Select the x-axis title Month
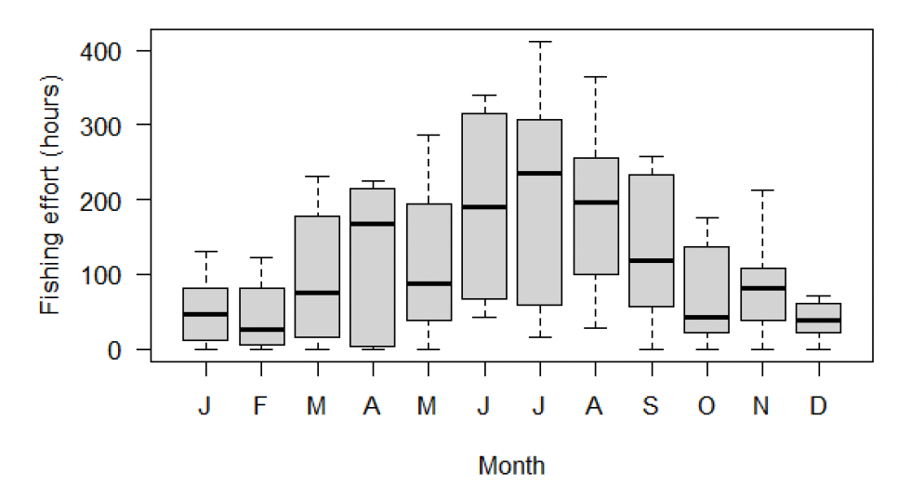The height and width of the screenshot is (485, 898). (511, 465)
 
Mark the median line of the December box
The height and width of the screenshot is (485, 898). (818, 321)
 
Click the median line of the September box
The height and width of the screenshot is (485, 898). (651, 261)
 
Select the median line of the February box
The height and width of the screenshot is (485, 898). (261, 329)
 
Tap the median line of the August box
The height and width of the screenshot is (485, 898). (595, 203)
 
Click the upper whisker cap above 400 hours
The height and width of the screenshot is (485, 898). (539, 42)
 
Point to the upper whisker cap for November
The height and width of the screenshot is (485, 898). (762, 190)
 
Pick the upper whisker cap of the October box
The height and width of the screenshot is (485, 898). (707, 218)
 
